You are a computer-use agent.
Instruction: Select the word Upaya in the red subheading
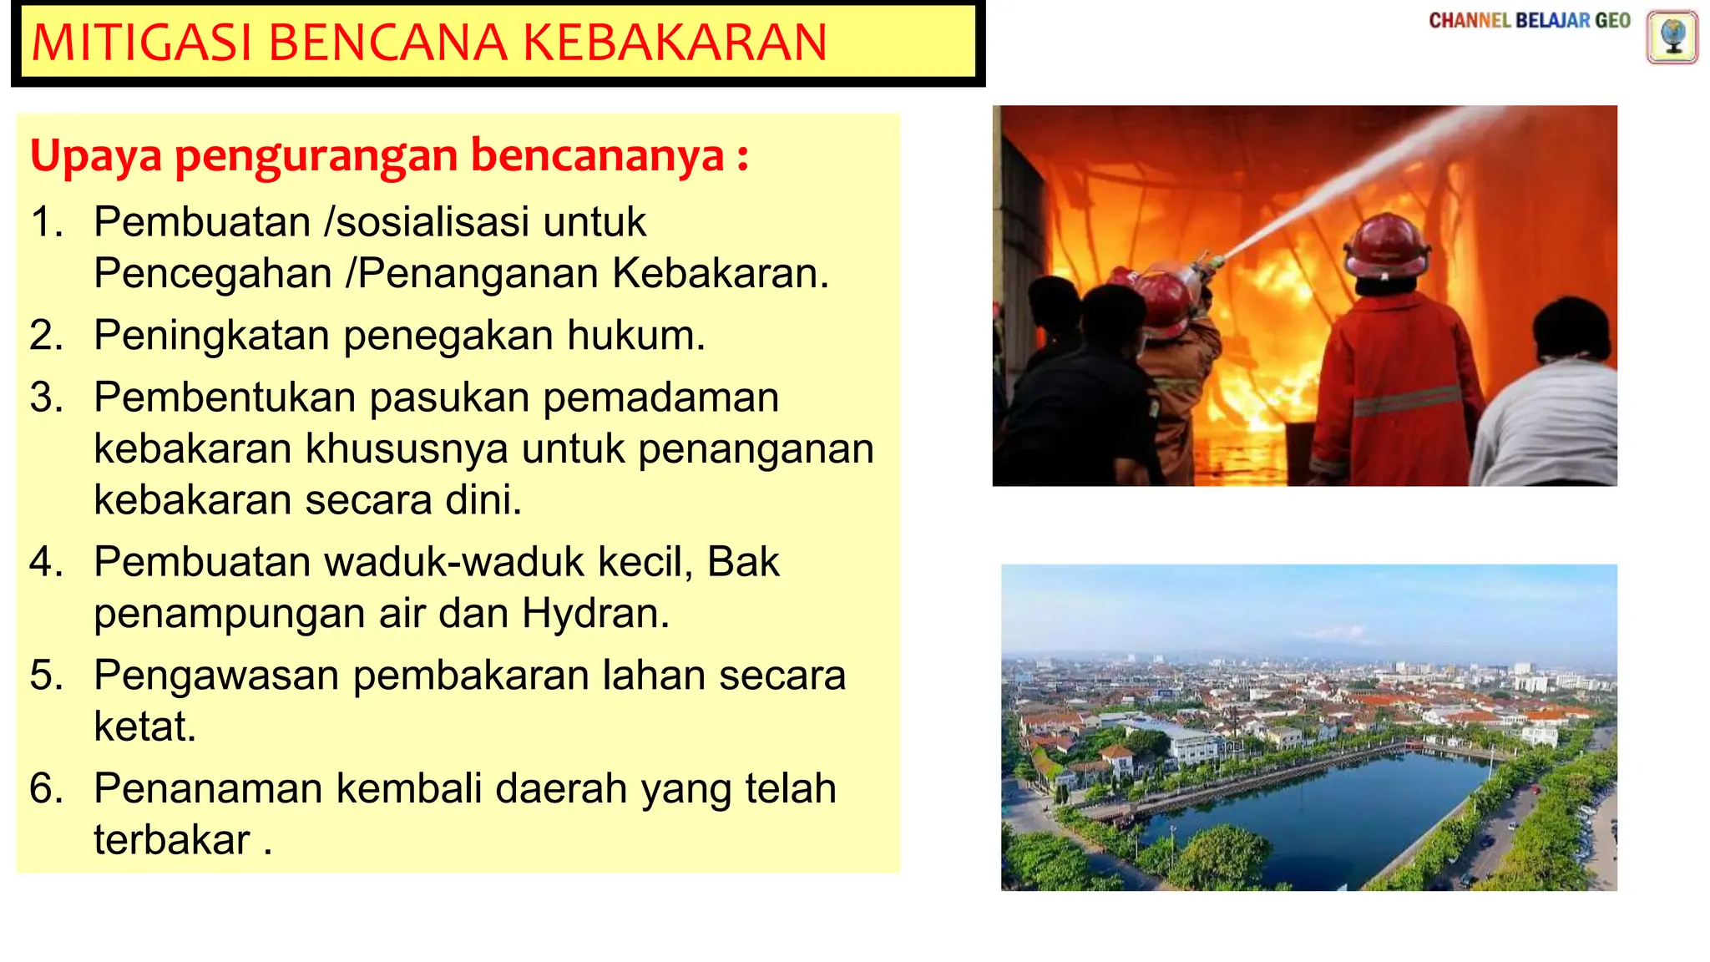[x=96, y=156]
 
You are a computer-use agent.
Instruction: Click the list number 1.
[x=47, y=222]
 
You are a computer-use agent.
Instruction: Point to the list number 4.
[x=47, y=562]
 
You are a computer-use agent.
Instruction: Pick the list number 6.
[x=47, y=788]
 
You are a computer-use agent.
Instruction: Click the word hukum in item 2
[x=636, y=336]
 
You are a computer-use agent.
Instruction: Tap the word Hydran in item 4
[x=595, y=614]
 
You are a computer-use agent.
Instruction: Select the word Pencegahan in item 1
[x=213, y=274]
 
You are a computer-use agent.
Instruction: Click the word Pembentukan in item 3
[x=225, y=397]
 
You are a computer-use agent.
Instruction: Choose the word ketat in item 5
[x=144, y=727]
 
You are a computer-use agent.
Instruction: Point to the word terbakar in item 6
[x=172, y=840]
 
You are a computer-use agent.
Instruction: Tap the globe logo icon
[x=1672, y=38]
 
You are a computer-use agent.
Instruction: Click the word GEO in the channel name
[x=1612, y=21]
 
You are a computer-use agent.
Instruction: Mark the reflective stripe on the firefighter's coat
[x=1407, y=402]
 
